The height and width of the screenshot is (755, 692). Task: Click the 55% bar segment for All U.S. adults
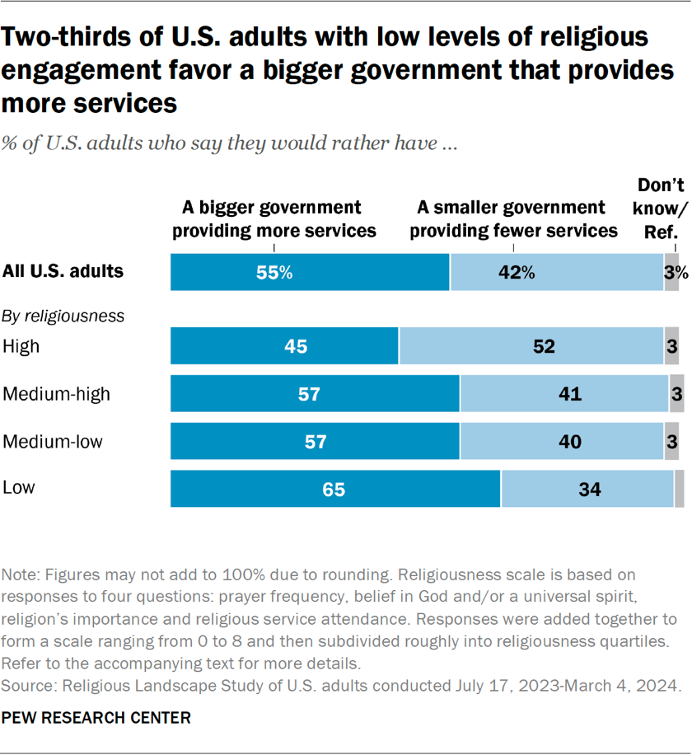coord(310,273)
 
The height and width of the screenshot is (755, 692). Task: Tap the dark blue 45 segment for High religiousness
coord(284,346)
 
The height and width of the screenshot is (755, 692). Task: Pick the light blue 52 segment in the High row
coord(531,346)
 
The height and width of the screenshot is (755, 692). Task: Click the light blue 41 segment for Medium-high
coord(564,394)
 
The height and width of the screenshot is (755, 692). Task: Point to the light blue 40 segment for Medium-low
coord(562,442)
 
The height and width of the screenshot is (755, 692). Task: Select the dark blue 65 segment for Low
coord(335,490)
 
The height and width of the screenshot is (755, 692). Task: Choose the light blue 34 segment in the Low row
coord(587,490)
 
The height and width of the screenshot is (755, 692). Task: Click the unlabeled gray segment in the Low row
coord(679,490)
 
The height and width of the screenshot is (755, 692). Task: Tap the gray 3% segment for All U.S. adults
coord(671,273)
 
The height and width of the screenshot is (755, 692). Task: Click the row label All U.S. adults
coord(63,271)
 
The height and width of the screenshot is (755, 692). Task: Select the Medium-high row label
coord(57,394)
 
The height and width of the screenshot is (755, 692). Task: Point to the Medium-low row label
coord(54,442)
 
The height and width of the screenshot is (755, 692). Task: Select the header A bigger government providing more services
coord(274,219)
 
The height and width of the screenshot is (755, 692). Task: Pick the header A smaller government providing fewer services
coord(513,219)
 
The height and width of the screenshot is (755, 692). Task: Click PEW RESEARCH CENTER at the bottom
coord(96,718)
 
